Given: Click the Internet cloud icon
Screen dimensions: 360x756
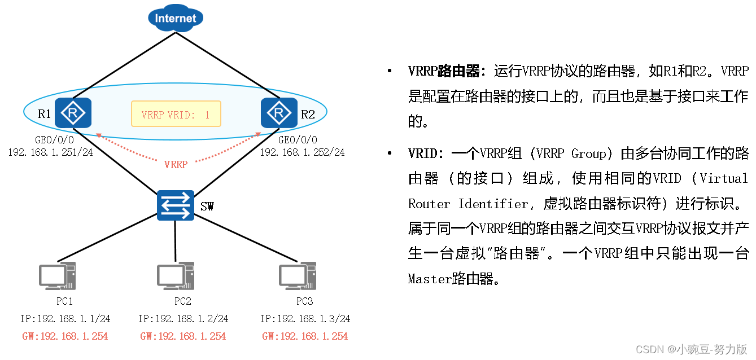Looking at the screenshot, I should (x=175, y=18).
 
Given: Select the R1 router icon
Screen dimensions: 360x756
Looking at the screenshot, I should (x=73, y=113).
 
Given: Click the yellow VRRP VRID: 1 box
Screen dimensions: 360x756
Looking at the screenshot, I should (x=176, y=115).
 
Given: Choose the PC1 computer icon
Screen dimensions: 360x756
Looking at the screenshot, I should (x=57, y=276).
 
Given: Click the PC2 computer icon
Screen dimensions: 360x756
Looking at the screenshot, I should (x=176, y=276).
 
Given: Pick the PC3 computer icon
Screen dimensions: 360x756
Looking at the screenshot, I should (x=297, y=276).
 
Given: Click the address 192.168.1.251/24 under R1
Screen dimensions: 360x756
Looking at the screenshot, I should (x=50, y=152).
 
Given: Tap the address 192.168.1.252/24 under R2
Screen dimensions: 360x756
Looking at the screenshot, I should (x=302, y=152).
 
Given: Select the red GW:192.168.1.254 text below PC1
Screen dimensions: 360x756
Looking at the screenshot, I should (x=65, y=336).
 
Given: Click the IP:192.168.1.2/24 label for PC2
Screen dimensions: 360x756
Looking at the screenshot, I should (x=183, y=319).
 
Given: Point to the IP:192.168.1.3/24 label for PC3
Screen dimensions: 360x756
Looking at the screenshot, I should (x=305, y=319).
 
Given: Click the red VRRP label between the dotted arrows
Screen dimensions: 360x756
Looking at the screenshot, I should (x=176, y=165).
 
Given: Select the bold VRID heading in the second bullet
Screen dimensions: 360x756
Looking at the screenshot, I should (x=421, y=153).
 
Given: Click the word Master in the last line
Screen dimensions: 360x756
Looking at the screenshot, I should (x=430, y=278).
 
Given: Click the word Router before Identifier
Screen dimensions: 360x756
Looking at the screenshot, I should (x=427, y=204).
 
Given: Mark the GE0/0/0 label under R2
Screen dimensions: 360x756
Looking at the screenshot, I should (x=298, y=140).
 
